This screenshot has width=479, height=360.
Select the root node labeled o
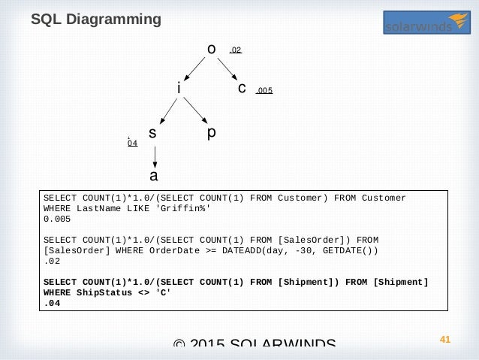click(212, 50)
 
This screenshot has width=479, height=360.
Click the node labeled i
click(179, 89)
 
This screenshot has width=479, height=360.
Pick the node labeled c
click(242, 89)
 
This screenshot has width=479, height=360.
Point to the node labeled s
click(152, 134)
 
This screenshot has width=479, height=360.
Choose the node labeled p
click(212, 133)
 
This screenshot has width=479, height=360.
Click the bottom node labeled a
click(154, 177)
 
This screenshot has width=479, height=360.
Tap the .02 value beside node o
click(236, 50)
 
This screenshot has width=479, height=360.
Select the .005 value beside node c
click(264, 91)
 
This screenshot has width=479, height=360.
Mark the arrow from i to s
click(165, 111)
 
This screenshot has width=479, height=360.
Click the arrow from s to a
click(154, 156)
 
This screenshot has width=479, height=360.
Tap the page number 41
click(444, 340)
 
